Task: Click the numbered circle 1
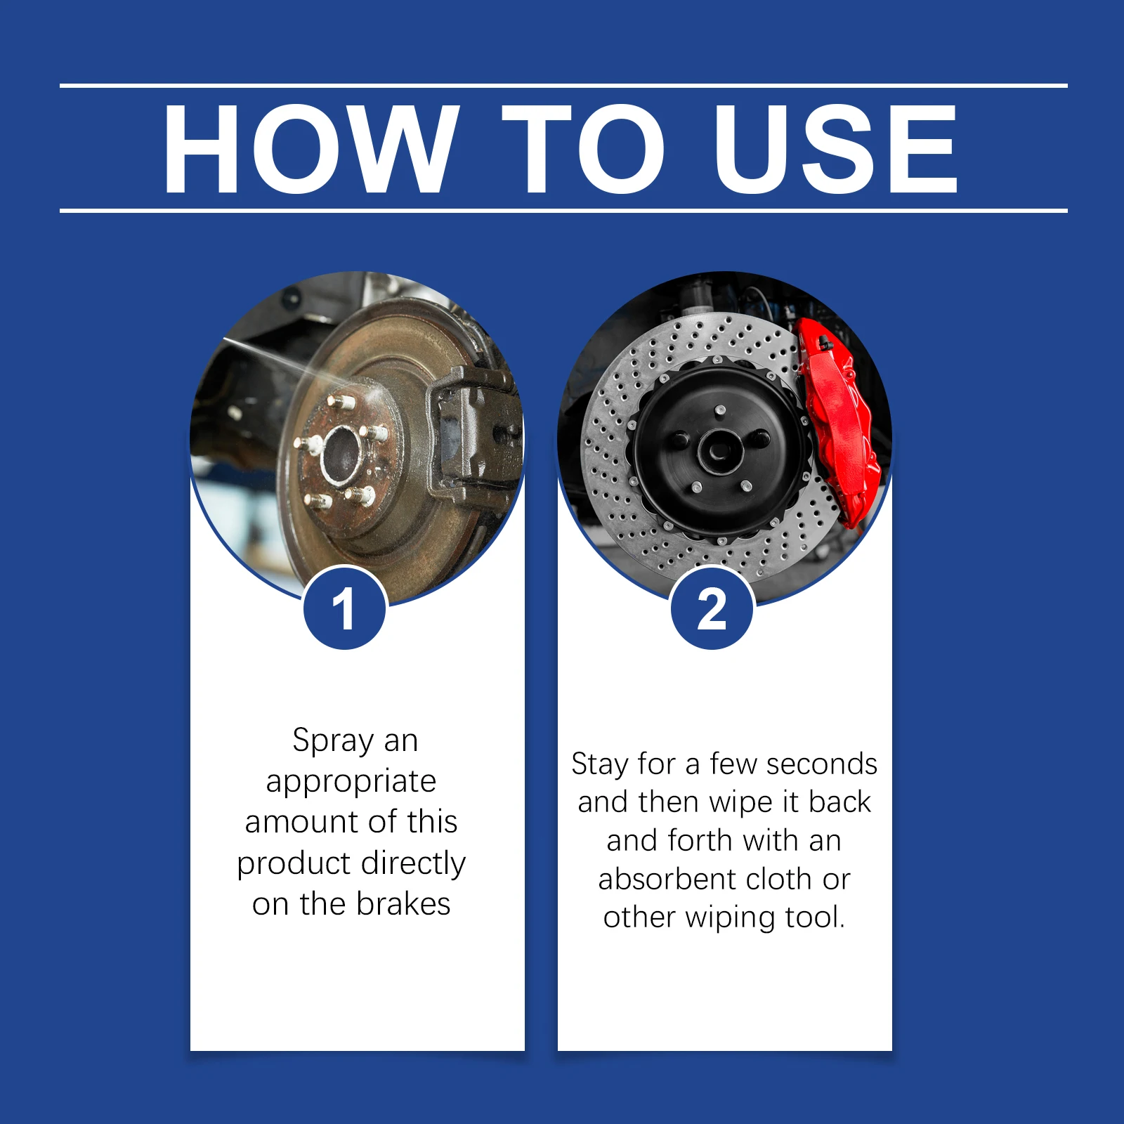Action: click(344, 608)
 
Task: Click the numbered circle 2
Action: click(712, 608)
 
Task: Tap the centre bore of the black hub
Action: click(719, 450)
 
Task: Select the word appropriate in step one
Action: click(351, 782)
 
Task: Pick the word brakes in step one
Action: click(403, 904)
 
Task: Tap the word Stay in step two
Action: click(599, 765)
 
